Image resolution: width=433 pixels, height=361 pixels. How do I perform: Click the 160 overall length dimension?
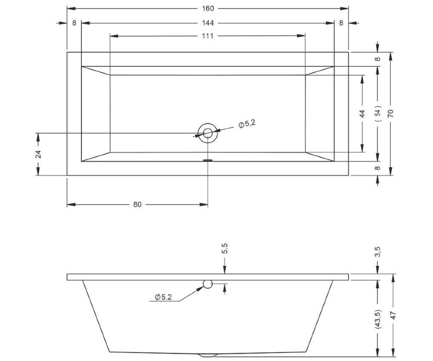tap(208, 9)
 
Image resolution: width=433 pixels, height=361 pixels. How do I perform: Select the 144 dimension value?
tap(208, 23)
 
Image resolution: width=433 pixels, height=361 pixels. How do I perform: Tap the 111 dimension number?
tap(207, 36)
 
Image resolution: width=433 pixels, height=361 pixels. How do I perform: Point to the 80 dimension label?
tap(137, 205)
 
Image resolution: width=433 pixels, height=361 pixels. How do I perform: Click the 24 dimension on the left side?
tap(38, 154)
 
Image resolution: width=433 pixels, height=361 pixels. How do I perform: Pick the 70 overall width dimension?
tap(390, 113)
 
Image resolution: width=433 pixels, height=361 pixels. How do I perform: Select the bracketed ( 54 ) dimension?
tap(378, 113)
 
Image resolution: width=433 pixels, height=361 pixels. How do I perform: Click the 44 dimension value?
tap(362, 114)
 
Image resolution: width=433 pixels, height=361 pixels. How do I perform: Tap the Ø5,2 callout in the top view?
tap(247, 124)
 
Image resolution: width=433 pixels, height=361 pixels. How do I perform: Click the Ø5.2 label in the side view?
tap(163, 297)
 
